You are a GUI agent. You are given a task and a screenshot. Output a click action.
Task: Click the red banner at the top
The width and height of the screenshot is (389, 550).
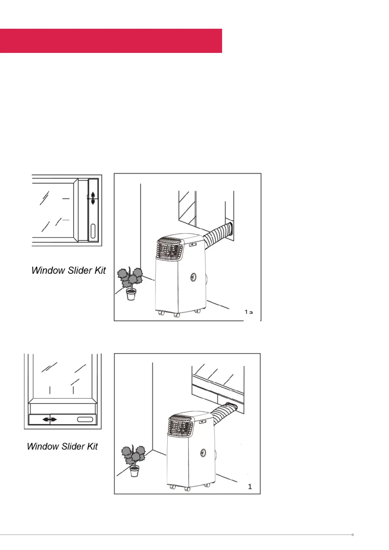pos(111,41)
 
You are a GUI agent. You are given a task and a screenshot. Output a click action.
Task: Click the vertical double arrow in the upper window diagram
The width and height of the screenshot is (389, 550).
pos(93,198)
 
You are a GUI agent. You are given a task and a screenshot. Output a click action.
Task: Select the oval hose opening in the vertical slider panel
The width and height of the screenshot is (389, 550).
pos(93,231)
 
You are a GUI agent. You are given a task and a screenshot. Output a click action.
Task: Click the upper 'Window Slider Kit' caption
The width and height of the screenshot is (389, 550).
pos(69,270)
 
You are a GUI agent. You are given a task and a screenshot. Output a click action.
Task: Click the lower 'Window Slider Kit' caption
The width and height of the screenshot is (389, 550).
pos(62,446)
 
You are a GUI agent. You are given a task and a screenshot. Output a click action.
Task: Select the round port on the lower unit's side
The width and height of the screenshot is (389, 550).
pos(203,453)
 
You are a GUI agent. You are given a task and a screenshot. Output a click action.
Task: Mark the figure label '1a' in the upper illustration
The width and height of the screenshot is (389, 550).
pos(249,313)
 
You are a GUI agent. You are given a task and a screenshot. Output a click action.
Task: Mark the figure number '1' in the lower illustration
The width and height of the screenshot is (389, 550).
pos(250,487)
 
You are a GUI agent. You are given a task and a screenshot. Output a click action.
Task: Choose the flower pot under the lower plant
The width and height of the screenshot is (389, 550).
pos(134,471)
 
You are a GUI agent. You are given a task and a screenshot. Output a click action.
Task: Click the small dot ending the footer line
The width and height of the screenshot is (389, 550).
pos(353,535)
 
